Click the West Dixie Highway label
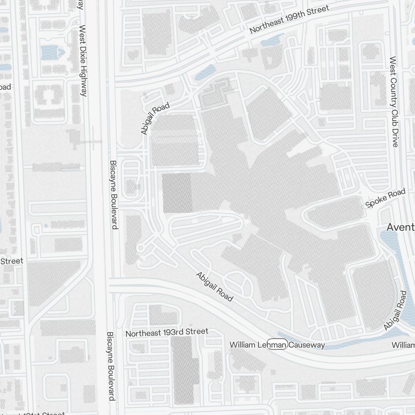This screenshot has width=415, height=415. point(83,61)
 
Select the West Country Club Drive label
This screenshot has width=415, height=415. point(394,102)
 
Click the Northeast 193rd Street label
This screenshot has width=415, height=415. point(167,332)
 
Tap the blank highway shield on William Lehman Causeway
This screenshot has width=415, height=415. point(277,345)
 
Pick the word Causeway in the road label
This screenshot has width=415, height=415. point(307,345)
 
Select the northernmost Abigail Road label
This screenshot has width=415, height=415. point(155,119)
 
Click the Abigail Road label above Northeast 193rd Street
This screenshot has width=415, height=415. point(215,286)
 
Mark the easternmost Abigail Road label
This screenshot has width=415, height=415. point(395,310)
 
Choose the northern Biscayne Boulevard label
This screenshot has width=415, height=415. point(114,195)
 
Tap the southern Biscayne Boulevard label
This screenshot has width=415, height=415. point(111,366)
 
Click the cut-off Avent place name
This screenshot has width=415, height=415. point(400,227)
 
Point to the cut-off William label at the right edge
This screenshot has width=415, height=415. point(403,345)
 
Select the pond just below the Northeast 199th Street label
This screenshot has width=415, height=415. point(272,41)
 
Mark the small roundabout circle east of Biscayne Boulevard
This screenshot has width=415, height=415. point(140,248)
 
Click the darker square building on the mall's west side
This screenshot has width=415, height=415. point(177,193)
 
